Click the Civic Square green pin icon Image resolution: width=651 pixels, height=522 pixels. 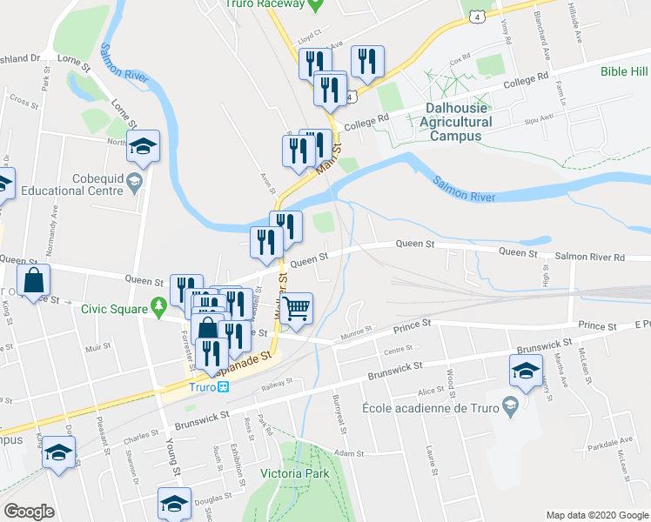pyautogui.click(x=158, y=306)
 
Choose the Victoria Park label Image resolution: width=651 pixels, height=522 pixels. pyautogui.click(x=294, y=474)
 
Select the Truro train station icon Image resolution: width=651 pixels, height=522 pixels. pyautogui.click(x=224, y=387)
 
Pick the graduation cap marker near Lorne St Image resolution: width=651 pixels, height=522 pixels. pyautogui.click(x=144, y=146)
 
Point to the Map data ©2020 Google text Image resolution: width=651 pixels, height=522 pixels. pyautogui.click(x=597, y=515)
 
